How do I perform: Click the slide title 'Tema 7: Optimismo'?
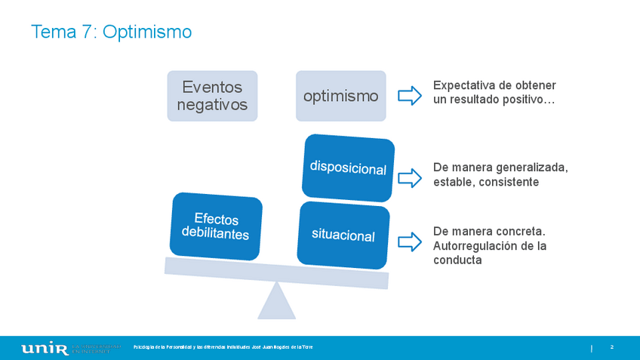[111, 32]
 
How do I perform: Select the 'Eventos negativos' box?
[212, 96]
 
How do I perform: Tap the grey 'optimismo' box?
[340, 96]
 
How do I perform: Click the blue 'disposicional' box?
[348, 168]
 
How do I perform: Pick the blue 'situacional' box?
[343, 235]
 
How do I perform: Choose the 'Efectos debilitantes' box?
[216, 226]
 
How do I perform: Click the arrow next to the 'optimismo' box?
[409, 96]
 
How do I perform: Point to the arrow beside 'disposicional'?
[409, 177]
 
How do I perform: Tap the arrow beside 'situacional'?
[409, 242]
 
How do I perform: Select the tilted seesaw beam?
[276, 273]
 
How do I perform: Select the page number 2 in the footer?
[611, 347]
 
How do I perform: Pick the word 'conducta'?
[457, 260]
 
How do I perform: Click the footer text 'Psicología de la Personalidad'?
[162, 347]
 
